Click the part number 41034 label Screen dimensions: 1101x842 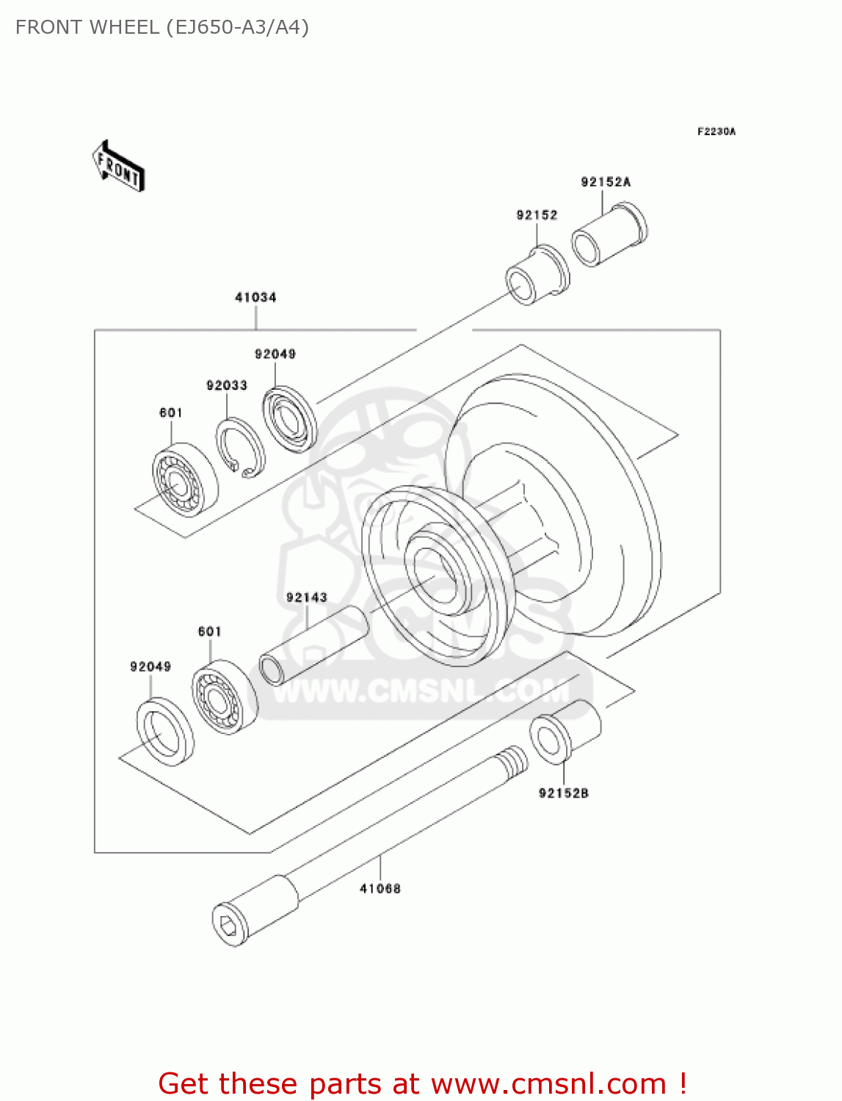255,297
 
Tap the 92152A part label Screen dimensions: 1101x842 606,182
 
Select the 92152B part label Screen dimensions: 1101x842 564,793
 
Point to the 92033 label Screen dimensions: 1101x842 227,385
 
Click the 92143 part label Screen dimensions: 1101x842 307,597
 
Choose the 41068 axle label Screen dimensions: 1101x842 380,889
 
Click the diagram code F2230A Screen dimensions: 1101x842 716,131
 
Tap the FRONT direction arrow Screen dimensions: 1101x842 118,167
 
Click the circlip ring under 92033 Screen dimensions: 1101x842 241,447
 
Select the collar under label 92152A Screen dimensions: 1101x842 609,235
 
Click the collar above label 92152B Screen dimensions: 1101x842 565,730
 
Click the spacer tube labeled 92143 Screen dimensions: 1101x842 314,645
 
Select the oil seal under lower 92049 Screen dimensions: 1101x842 165,733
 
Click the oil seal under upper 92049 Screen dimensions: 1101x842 290,419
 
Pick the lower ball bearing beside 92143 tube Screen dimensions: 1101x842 225,697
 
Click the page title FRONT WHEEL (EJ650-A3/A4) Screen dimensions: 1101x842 162,27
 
